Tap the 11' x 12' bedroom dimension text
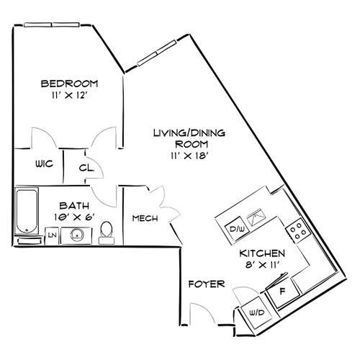[x=69, y=94]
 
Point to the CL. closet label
[x=86, y=168]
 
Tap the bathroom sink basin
[x=75, y=233]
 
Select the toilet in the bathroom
[x=107, y=230]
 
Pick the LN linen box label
[x=52, y=235]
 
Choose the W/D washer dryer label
[x=256, y=312]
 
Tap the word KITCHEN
[x=263, y=253]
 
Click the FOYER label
[x=204, y=284]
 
